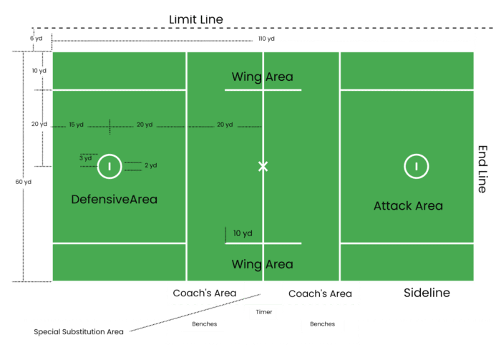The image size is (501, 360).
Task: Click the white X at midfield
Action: tap(263, 166)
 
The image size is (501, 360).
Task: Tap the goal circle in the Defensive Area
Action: tap(109, 166)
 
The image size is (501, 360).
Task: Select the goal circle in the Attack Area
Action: tap(417, 166)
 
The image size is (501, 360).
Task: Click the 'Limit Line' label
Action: tap(195, 19)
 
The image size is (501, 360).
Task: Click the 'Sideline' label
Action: tap(427, 293)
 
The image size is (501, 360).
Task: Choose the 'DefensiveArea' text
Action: tap(114, 199)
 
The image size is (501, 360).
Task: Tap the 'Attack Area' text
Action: tap(408, 206)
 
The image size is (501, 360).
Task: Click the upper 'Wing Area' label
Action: tap(262, 77)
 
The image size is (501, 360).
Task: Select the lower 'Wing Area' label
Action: tap(262, 264)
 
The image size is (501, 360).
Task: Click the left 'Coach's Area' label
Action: tap(204, 293)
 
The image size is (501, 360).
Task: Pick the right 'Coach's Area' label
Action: tap(319, 293)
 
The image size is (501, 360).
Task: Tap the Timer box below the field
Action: tap(263, 313)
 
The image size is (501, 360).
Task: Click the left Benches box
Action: tap(203, 325)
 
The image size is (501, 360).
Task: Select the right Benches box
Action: tap(321, 325)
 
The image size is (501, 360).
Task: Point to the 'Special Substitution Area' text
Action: tap(79, 332)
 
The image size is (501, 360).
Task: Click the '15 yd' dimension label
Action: tap(77, 125)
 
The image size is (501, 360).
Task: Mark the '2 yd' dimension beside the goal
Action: tap(150, 165)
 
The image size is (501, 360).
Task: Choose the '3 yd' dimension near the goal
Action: tap(85, 157)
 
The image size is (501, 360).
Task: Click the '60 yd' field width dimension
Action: tap(23, 182)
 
